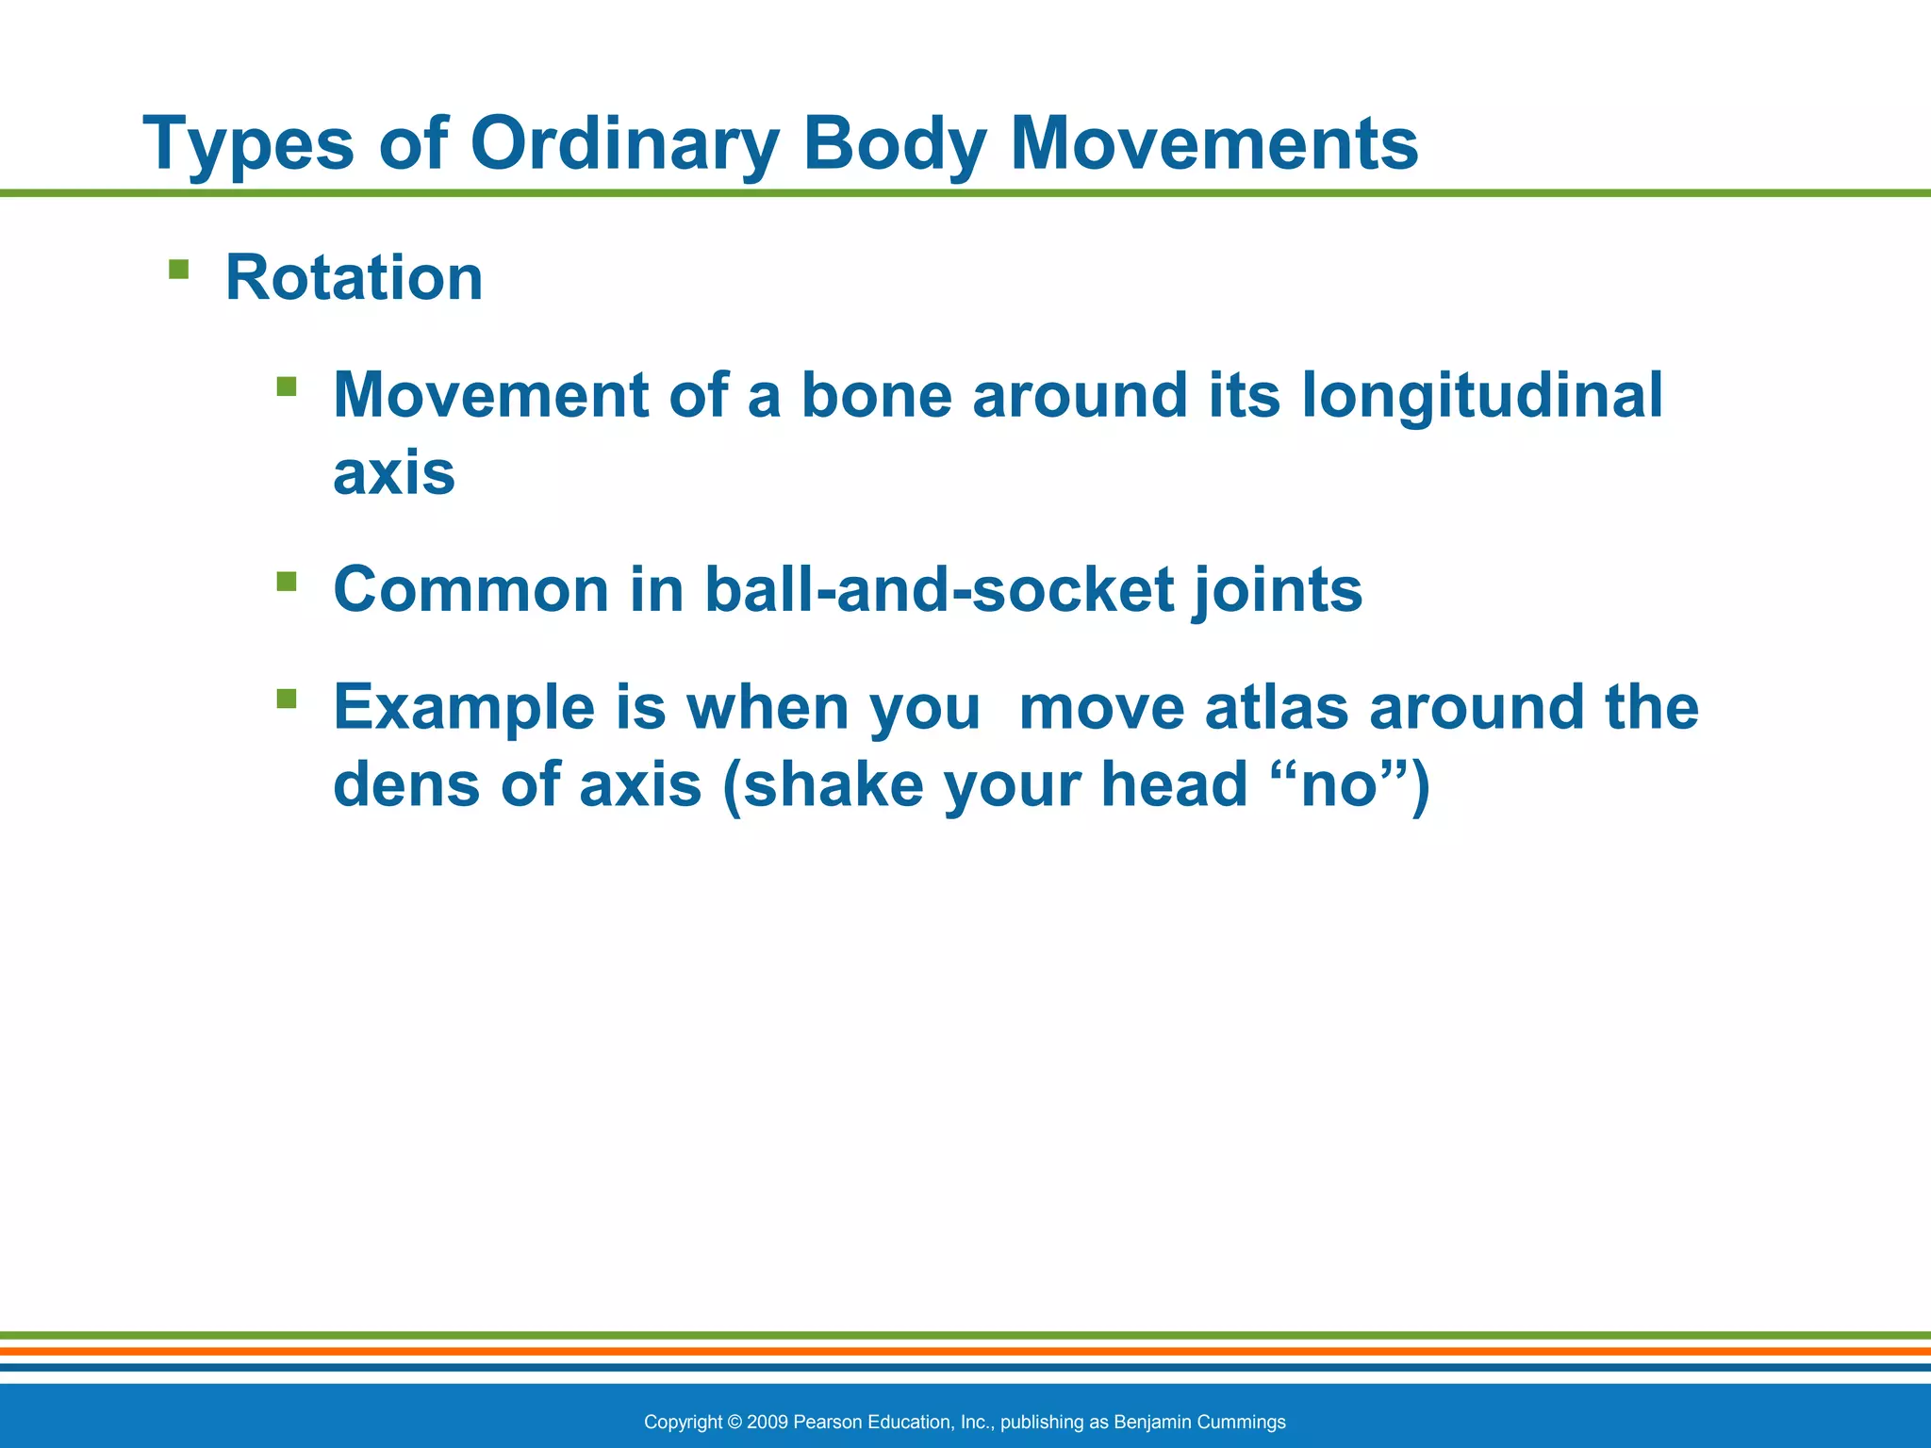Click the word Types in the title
[248, 144]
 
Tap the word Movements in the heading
[1213, 144]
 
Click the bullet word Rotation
[354, 278]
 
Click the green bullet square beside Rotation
[178, 271]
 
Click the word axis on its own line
[394, 473]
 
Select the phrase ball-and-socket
[939, 589]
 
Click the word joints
[1279, 589]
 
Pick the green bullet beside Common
[287, 581]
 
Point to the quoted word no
[1339, 784]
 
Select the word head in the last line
[1174, 784]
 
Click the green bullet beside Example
[287, 699]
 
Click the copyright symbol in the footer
[735, 1422]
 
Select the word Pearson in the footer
[828, 1422]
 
